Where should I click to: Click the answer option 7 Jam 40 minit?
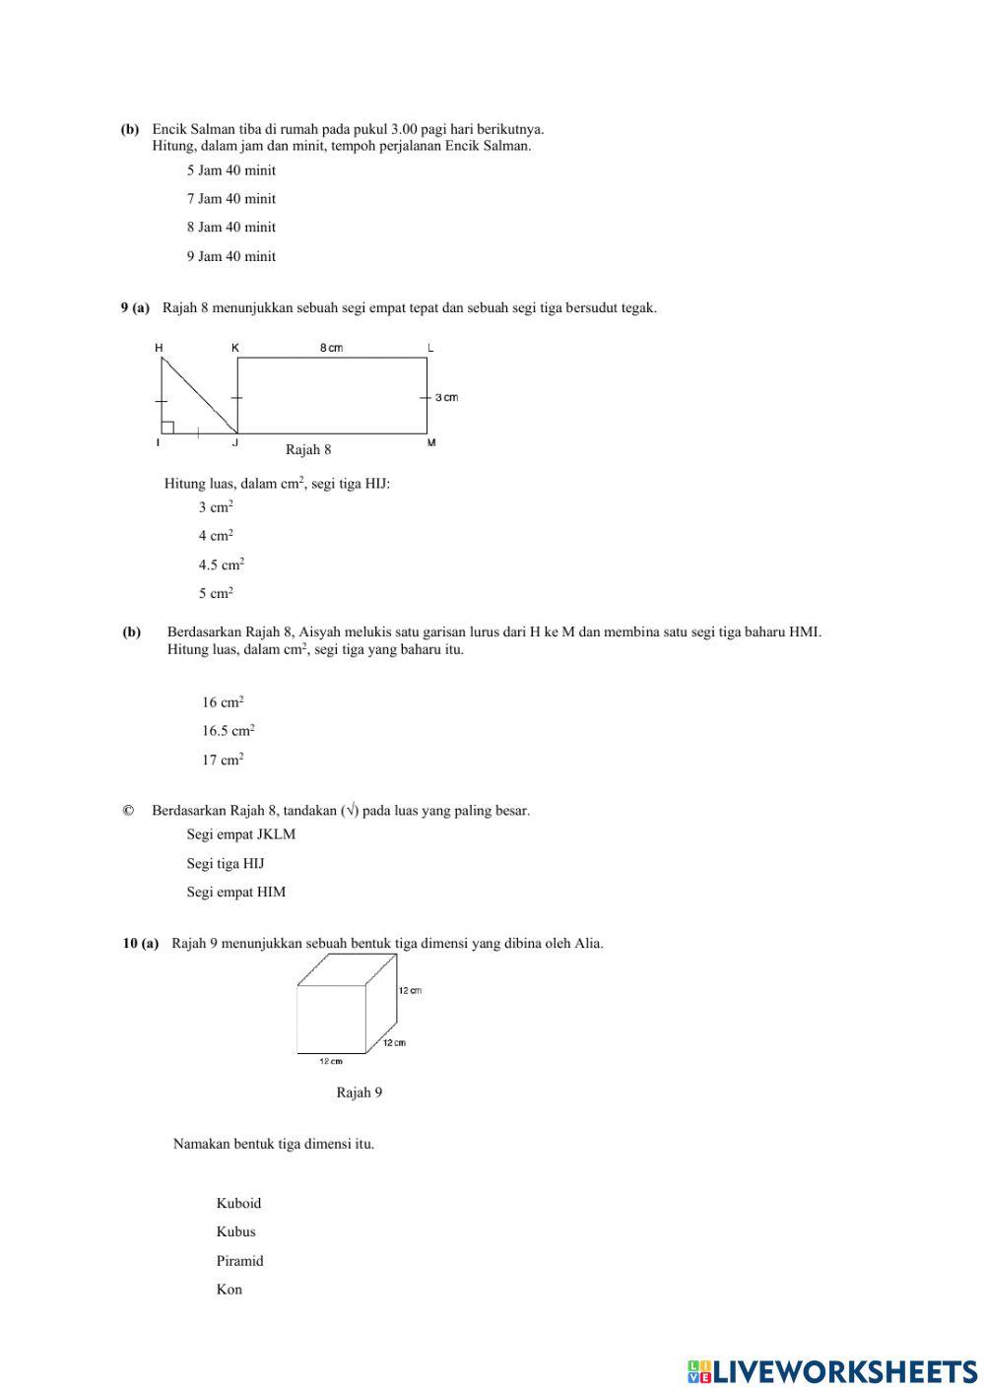tap(230, 199)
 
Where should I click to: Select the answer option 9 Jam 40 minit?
tap(230, 256)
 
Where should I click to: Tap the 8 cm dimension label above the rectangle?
tap(331, 348)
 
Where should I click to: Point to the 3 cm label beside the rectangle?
tap(446, 397)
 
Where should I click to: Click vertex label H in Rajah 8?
tap(159, 348)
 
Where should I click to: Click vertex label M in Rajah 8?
tap(431, 443)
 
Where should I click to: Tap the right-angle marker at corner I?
tap(168, 427)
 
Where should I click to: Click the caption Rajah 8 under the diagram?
tap(308, 450)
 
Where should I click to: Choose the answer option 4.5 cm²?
tap(221, 564)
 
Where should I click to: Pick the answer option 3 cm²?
tap(215, 507)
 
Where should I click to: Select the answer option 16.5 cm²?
tap(228, 731)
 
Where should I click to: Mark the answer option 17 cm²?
tap(223, 760)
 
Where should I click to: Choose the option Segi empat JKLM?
tap(240, 834)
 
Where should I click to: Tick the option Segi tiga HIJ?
tap(226, 864)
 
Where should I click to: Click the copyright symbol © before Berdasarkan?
tap(128, 811)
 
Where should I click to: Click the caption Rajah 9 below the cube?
tap(359, 1093)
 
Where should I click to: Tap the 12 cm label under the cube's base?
tap(331, 1062)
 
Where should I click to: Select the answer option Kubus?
tap(235, 1231)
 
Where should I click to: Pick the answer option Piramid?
tap(239, 1261)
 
